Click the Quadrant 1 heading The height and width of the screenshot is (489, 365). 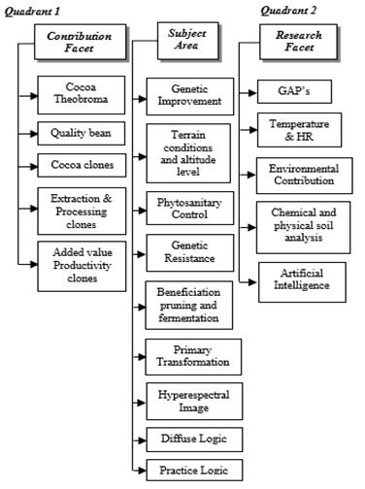pyautogui.click(x=34, y=10)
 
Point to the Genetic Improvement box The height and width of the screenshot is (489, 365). pyautogui.click(x=189, y=96)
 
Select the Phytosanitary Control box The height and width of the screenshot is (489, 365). pyautogui.click(x=189, y=211)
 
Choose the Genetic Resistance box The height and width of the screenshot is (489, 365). pyautogui.click(x=189, y=252)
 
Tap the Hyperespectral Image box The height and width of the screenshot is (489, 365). pyautogui.click(x=189, y=399)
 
